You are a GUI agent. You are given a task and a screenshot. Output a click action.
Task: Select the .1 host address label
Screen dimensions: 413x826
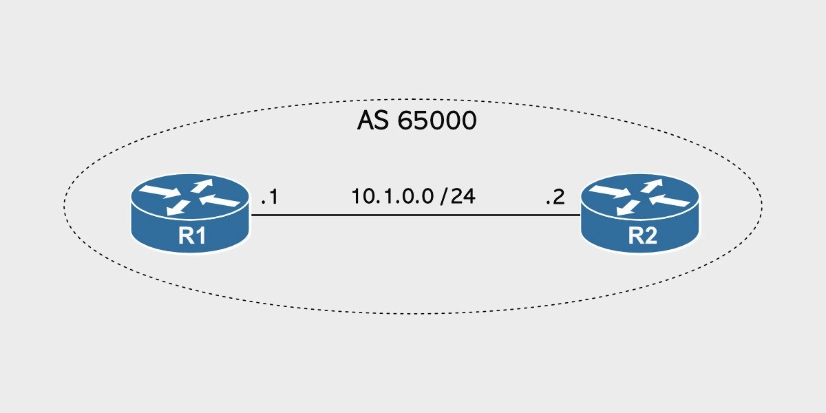coord(269,198)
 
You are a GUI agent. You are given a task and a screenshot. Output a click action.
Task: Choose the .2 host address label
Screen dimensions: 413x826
coord(555,198)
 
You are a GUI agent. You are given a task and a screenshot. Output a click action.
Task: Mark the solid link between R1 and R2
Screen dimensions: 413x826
coord(413,215)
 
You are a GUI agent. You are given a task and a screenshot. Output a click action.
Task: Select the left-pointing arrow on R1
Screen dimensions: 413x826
coord(222,201)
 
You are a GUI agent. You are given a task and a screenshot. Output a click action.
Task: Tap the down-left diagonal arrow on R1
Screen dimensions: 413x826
coord(180,206)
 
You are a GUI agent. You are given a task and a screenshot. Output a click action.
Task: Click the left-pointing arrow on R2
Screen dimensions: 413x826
coord(671,201)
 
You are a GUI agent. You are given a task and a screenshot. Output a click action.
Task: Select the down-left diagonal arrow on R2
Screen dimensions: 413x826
coord(628,206)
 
